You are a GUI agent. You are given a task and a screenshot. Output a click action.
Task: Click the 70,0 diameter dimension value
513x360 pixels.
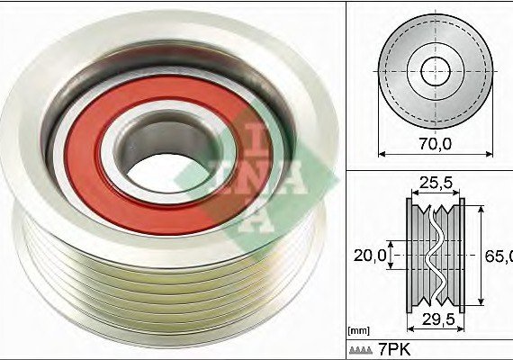[435, 144]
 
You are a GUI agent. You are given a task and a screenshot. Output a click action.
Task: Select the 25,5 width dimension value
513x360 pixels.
[436, 183]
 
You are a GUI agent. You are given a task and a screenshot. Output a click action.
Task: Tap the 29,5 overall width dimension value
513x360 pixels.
[438, 319]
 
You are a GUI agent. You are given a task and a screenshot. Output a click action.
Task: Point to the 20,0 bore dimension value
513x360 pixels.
[370, 256]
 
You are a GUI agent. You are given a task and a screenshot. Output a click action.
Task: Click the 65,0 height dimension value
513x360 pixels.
[499, 256]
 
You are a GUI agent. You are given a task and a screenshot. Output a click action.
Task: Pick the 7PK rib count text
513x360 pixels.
[394, 350]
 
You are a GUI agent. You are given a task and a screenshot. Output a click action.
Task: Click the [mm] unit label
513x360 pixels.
[359, 331]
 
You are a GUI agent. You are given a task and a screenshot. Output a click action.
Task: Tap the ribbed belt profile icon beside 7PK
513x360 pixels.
[361, 350]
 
